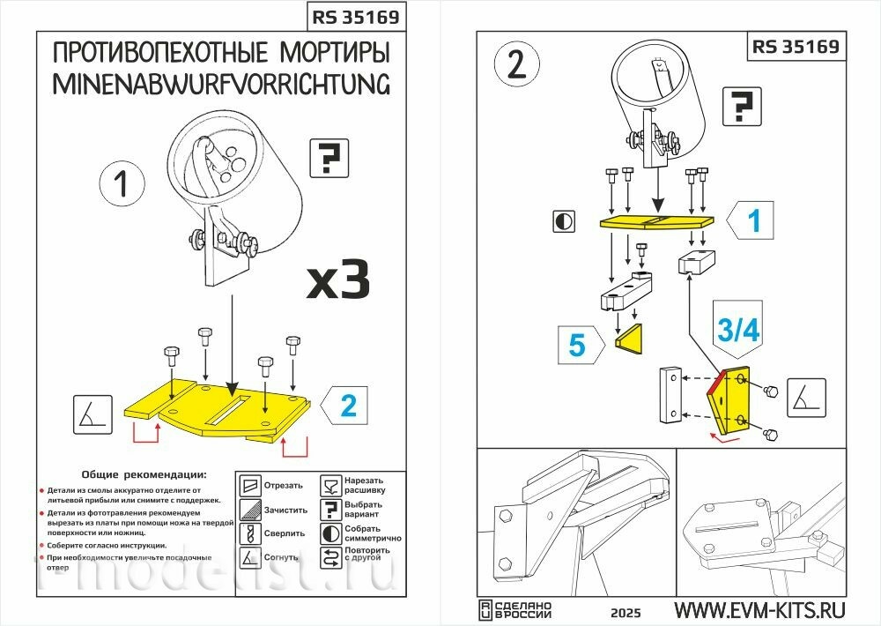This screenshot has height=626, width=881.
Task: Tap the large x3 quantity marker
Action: point(337,279)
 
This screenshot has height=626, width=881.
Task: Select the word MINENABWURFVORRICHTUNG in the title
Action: point(221,85)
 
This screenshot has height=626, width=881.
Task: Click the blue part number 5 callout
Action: point(576,345)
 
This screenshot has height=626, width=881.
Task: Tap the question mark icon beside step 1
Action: point(329,159)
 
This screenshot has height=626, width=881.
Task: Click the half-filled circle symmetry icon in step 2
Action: point(564,220)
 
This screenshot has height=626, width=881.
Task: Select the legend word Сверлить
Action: point(284,533)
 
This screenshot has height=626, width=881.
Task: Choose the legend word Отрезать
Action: point(284,485)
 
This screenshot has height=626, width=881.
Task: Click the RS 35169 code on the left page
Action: point(355,17)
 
